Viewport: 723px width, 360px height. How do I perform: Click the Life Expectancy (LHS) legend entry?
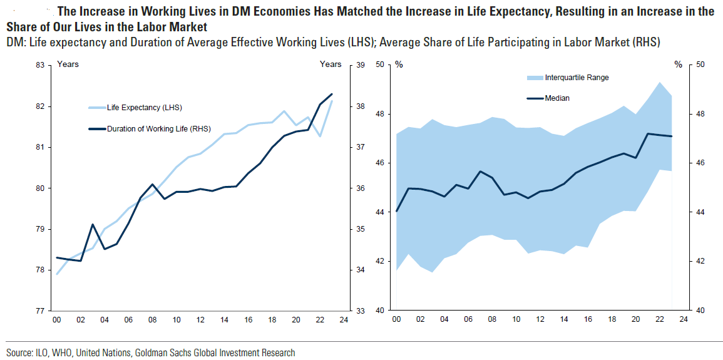click(x=145, y=108)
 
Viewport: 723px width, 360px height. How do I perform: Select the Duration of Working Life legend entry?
click(x=158, y=130)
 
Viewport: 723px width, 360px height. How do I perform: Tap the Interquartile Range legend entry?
click(x=577, y=78)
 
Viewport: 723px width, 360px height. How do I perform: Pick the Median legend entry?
click(x=557, y=98)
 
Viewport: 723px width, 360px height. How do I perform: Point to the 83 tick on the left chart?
click(x=39, y=65)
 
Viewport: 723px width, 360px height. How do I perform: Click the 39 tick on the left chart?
click(x=360, y=65)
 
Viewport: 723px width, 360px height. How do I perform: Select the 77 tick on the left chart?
click(x=39, y=311)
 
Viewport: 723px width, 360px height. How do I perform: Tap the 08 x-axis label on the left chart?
click(x=152, y=321)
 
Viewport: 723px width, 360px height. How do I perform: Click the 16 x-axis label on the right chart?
click(x=587, y=321)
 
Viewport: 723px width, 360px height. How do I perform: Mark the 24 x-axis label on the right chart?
click(x=684, y=321)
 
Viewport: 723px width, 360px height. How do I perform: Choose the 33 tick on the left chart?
click(x=360, y=311)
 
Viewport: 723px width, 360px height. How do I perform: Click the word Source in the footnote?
click(x=19, y=353)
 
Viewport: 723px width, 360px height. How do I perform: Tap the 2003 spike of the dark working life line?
click(x=93, y=224)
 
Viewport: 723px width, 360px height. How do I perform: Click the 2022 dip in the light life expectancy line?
click(x=320, y=136)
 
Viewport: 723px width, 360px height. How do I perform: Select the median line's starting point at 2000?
click(x=396, y=211)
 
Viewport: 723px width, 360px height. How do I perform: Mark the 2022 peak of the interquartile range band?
click(x=659, y=83)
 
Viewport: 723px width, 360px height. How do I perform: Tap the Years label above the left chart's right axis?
click(x=331, y=64)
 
